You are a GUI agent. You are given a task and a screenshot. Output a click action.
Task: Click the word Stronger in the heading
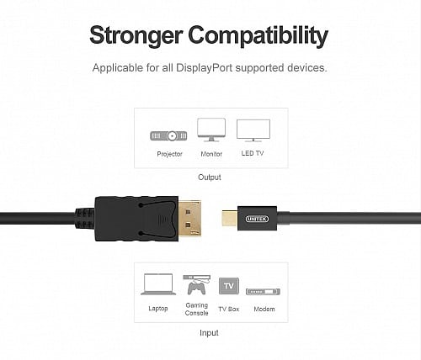coord(136,35)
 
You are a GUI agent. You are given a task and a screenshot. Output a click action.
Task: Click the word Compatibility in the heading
coord(258,35)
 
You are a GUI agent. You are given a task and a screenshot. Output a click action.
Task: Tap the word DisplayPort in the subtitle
coord(204,68)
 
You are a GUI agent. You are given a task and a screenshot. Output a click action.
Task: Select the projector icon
coord(168,136)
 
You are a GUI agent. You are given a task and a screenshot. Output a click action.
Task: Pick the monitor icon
coord(211,130)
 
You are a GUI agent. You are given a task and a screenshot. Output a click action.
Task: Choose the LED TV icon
coord(253,130)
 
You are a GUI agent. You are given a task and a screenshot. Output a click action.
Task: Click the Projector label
coord(169,154)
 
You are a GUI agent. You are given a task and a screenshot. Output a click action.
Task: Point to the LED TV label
coord(253,153)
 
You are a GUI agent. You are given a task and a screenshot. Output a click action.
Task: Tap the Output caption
coord(210,177)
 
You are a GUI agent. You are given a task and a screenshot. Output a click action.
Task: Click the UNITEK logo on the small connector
coord(257,219)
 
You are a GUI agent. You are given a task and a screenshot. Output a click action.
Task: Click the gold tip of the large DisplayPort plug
coord(189,219)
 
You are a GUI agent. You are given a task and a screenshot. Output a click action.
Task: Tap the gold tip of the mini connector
coord(230,219)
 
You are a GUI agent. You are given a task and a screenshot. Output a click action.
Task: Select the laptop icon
coord(158,284)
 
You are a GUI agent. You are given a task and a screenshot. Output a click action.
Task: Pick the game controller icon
coord(196,289)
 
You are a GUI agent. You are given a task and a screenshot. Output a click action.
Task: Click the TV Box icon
coord(229,286)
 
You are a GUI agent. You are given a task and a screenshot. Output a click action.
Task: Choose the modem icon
coord(263,292)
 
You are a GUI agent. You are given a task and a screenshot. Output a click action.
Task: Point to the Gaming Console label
coord(196,309)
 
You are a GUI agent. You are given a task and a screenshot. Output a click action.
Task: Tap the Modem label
coord(264,309)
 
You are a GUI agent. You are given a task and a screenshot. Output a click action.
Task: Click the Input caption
coord(209,333)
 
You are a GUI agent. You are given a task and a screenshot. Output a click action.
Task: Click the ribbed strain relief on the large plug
coord(84,218)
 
